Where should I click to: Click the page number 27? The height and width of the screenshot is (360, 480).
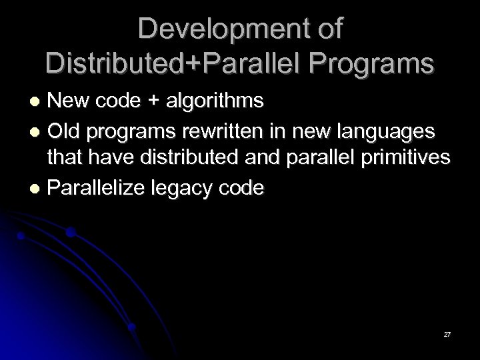click(447, 332)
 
